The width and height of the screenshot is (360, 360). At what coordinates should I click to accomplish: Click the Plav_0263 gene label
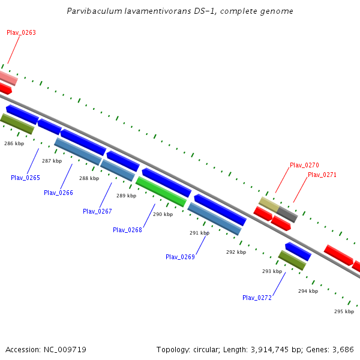point(21,32)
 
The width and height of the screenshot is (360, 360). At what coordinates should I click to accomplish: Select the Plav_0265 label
point(25,178)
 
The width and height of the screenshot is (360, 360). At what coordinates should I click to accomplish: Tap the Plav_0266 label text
point(58,193)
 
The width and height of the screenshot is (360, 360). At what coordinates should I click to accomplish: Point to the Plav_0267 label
point(97,211)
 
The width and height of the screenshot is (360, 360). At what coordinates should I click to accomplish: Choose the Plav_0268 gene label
point(127,230)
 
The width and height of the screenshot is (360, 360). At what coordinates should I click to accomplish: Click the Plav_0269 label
point(180,257)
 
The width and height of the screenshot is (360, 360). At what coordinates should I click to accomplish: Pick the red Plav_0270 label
point(304,165)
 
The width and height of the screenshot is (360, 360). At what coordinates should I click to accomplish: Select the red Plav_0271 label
point(322,175)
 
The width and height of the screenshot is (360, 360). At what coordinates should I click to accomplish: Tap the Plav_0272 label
point(257,298)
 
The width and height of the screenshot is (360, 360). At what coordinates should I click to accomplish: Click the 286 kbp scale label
point(14,143)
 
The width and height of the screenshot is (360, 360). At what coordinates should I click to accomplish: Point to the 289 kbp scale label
point(126,196)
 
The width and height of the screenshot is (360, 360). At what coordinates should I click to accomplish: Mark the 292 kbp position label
point(236,252)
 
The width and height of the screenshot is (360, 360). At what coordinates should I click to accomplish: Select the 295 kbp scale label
point(344,311)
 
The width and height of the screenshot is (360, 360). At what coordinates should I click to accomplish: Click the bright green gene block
point(161,191)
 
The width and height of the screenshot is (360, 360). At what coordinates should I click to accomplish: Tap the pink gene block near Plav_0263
point(7,77)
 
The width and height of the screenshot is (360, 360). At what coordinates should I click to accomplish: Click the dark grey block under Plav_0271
point(287,214)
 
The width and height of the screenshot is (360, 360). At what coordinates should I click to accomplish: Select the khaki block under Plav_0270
point(269,205)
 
